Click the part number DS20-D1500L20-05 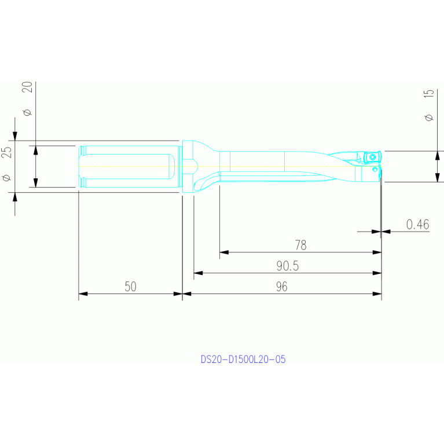click(x=243, y=359)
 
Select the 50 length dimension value click(x=131, y=287)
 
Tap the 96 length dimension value click(x=282, y=287)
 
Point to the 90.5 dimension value click(x=287, y=266)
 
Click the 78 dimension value click(x=300, y=245)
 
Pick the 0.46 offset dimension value click(x=418, y=224)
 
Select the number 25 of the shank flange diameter click(x=7, y=152)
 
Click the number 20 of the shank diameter click(x=27, y=87)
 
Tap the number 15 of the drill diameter click(x=429, y=94)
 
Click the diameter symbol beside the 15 click(x=429, y=117)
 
